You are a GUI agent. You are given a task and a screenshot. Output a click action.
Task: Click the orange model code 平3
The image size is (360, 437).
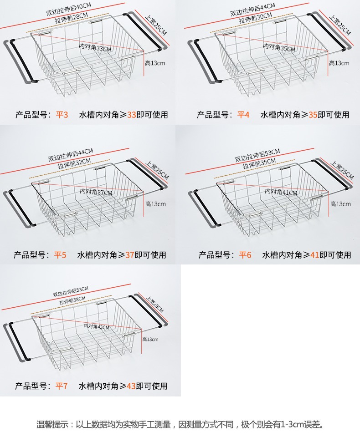point(62,115)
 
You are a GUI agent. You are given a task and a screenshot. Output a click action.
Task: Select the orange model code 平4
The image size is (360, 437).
point(243,115)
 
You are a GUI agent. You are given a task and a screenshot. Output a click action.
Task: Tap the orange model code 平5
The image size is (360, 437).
point(60,255)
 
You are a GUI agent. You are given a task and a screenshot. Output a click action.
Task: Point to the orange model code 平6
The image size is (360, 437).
point(245,255)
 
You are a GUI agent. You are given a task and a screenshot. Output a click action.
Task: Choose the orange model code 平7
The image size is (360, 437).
point(62,386)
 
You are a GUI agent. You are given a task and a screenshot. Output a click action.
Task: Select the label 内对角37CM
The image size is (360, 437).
point(96,192)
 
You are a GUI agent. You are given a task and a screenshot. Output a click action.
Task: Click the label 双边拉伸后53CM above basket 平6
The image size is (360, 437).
point(257,154)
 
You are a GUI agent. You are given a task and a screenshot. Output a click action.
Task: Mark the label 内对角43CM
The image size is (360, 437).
point(97,326)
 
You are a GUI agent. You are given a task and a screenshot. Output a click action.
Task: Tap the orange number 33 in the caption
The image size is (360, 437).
point(132,115)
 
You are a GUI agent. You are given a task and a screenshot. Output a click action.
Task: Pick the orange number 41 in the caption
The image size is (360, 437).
point(314,255)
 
